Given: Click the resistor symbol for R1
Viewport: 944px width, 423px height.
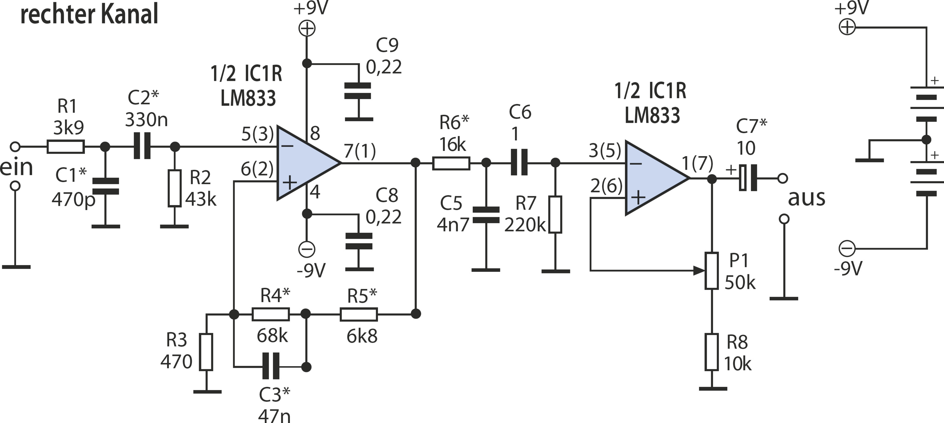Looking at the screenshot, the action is coord(65,147).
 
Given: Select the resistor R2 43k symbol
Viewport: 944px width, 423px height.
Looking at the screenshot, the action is coord(174,188).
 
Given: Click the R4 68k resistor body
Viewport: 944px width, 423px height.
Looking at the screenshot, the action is coord(271,314).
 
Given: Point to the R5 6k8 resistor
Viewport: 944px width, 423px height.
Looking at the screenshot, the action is coord(359,314).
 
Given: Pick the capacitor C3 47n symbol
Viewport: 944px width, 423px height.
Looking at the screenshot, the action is coord(271,366).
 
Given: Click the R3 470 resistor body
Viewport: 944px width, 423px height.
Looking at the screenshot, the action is coord(206,352).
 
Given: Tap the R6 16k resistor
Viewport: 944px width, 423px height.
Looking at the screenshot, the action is coord(451,163).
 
